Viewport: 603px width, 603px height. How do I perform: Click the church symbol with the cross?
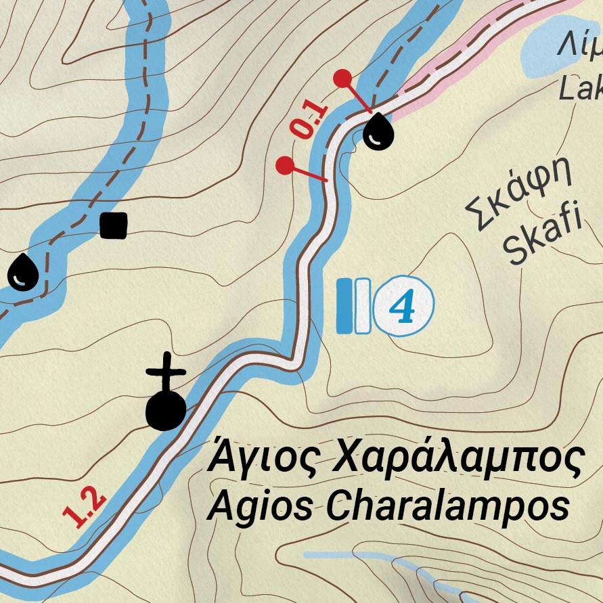pyautogui.click(x=166, y=399)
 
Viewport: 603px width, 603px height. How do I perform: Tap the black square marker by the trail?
pyautogui.click(x=113, y=225)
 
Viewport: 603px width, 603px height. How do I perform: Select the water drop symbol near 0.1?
pyautogui.click(x=378, y=130)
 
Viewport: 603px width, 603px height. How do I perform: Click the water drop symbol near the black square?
pyautogui.click(x=23, y=272)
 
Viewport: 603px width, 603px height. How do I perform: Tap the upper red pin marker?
pyautogui.click(x=344, y=79)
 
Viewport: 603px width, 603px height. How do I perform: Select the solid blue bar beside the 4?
pyautogui.click(x=345, y=306)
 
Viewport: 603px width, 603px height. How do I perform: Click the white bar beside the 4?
pyautogui.click(x=362, y=306)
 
